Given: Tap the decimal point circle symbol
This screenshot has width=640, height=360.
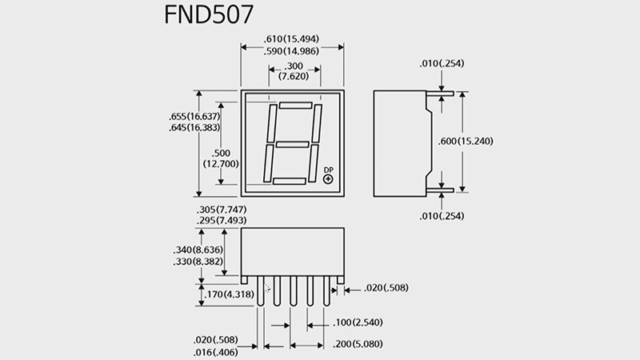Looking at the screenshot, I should point(328,179).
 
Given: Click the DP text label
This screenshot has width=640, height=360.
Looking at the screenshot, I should point(328,170).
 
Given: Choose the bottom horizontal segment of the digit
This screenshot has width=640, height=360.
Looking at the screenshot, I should point(288,182).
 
